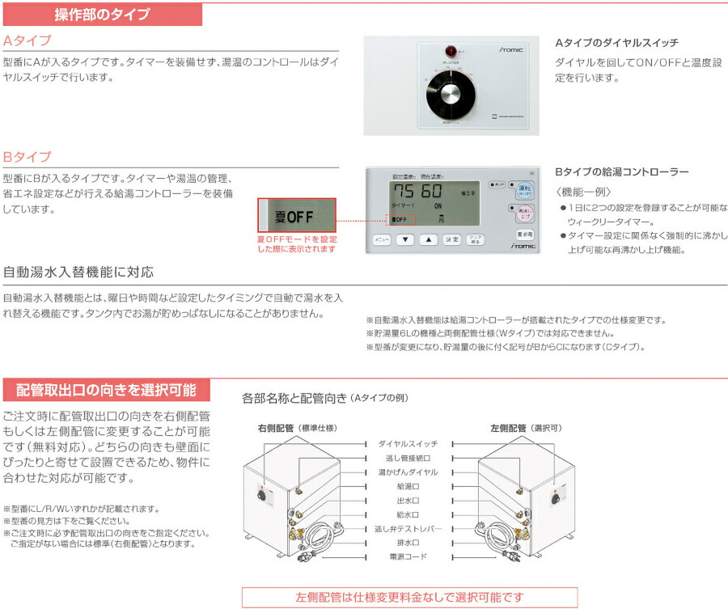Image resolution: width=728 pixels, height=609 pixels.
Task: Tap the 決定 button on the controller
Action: pyautogui.click(x=452, y=240)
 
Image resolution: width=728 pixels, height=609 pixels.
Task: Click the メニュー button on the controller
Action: pyautogui.click(x=382, y=240)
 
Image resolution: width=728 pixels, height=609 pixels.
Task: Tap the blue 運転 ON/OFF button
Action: pyautogui.click(x=524, y=192)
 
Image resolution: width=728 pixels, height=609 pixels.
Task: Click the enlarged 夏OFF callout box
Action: pyautogui.click(x=296, y=216)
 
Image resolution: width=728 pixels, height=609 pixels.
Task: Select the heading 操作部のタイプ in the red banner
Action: pyautogui.click(x=101, y=14)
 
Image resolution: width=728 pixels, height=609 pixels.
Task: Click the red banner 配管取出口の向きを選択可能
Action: pyautogui.click(x=106, y=390)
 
